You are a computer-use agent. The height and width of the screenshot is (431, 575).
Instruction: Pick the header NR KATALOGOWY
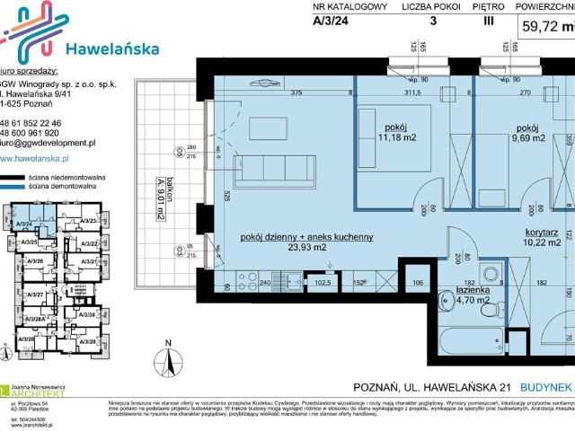point(349,7)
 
